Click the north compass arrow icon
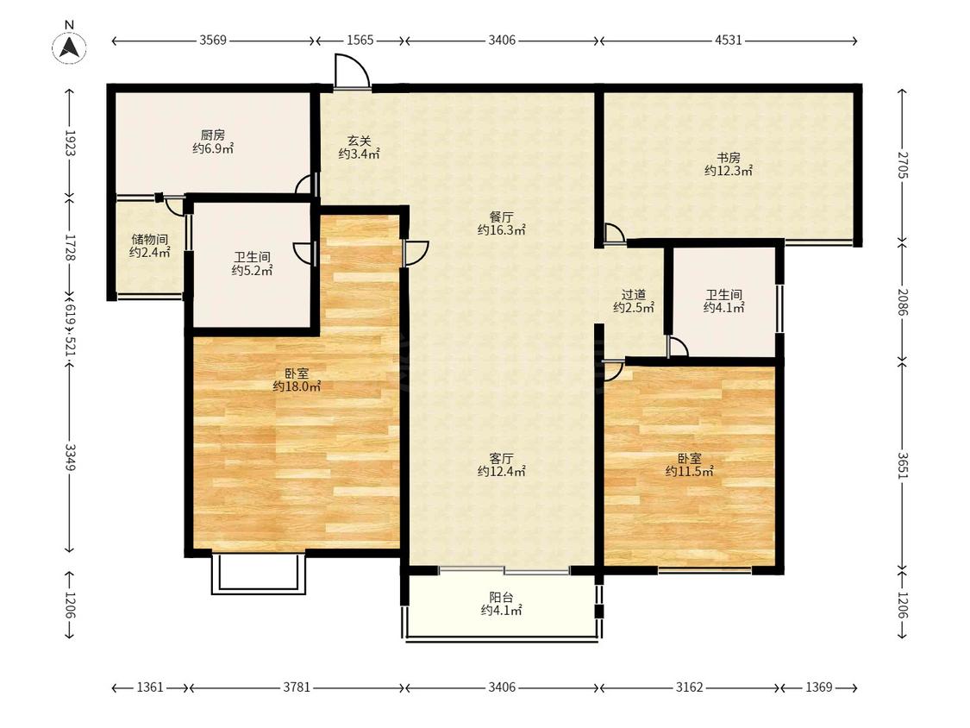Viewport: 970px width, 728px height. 69,47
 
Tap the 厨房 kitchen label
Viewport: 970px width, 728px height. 213,135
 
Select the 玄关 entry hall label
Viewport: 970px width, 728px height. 359,141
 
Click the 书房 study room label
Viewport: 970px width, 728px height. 728,158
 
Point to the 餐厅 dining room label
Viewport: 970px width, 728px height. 501,217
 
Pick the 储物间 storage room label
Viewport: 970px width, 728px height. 150,240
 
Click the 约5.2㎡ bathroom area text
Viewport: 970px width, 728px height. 252,271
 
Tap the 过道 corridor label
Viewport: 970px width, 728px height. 634,295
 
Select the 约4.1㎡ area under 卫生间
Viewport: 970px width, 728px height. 723,308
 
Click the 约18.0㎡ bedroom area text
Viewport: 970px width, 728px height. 297,387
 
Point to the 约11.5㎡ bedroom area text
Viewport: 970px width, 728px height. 690,472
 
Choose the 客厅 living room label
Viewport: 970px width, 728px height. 501,459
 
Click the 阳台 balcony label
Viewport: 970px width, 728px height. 501,598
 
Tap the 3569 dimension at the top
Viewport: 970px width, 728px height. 213,41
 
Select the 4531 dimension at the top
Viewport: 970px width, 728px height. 728,41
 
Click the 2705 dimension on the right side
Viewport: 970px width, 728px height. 902,166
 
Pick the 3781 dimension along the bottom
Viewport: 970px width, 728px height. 297,687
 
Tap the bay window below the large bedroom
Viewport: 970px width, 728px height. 259,574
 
